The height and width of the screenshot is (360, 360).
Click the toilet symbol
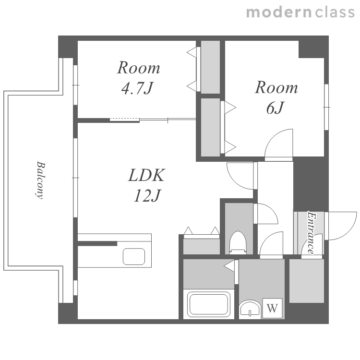pos(238,242)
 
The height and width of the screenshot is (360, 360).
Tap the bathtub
pos(209,304)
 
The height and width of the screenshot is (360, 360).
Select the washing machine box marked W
pos(272,308)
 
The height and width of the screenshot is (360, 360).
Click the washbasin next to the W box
pos(250,309)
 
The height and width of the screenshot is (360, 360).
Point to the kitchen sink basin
pos(134,256)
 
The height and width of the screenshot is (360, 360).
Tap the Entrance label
pos(312,233)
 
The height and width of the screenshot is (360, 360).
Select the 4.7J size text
pos(137,88)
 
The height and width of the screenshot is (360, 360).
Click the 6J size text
pos(276,108)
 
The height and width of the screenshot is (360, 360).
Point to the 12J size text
pos(147,196)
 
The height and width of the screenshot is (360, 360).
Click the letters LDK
pos(146,175)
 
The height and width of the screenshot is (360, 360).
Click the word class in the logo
pos(335,12)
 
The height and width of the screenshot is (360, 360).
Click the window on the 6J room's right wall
pos(326,107)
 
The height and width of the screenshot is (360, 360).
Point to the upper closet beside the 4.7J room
pos(211,67)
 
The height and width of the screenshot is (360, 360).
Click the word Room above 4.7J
pos(138,68)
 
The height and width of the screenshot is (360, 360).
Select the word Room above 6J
pos(276,87)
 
